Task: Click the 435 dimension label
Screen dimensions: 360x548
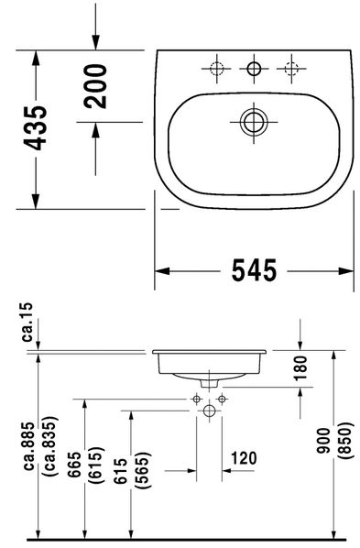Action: (35, 127)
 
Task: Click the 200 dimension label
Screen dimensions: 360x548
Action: (95, 86)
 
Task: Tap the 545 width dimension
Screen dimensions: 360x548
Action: (254, 270)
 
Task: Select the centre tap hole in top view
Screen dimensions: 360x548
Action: (254, 69)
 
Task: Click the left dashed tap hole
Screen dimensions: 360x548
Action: (217, 69)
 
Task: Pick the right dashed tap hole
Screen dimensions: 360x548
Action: (291, 69)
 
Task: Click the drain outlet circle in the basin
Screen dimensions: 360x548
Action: (254, 122)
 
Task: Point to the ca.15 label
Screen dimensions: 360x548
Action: (27, 322)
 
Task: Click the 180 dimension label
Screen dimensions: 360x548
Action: (300, 367)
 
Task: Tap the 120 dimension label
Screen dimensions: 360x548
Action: (244, 458)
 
